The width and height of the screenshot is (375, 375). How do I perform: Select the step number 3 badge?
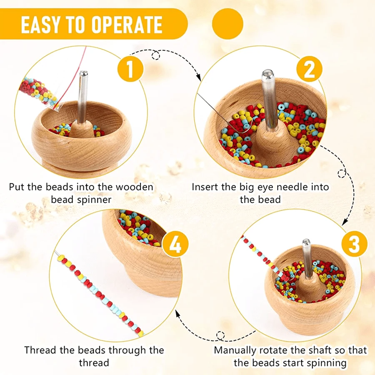click(353, 245)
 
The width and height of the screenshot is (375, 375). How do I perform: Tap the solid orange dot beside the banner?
click(227, 24)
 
